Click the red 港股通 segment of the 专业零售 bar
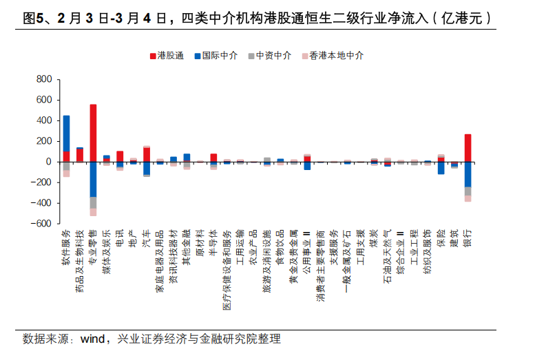pos(93,133)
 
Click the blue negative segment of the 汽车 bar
pos(146,168)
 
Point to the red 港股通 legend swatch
pos(152,55)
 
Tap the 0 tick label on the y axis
pos(48,162)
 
